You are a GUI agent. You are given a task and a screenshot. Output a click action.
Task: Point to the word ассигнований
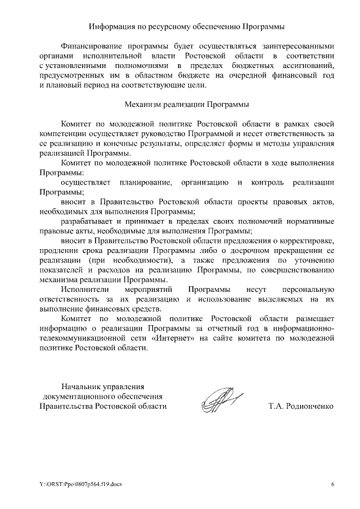(x=309, y=66)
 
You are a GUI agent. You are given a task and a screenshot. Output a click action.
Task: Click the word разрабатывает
(x=90, y=222)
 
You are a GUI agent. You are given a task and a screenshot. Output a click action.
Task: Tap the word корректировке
(x=308, y=241)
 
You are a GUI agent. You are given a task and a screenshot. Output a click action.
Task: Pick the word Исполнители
(x=84, y=290)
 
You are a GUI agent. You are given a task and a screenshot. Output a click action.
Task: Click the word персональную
(x=308, y=290)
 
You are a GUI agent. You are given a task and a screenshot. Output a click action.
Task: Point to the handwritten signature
(x=219, y=401)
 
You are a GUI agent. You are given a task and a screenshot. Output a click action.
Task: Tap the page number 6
(x=332, y=484)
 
